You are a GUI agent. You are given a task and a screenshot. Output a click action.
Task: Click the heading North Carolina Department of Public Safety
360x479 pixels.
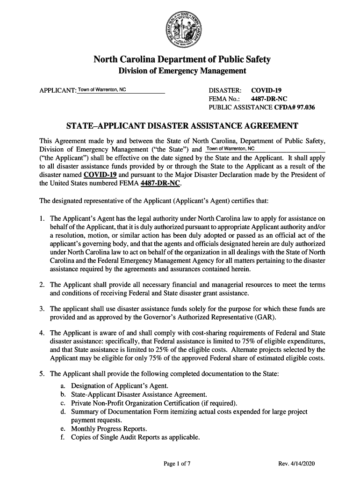(182, 60)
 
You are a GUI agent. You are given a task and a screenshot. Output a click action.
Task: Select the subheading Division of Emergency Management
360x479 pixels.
(182, 71)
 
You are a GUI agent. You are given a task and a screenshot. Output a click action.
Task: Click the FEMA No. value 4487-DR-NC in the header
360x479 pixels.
(269, 99)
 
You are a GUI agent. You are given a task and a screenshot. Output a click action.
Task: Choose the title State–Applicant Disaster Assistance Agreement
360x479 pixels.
(182, 126)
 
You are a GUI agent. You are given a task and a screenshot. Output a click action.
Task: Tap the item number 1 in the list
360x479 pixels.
(42, 218)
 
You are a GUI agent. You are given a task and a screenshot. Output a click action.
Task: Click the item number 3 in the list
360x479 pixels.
(42, 309)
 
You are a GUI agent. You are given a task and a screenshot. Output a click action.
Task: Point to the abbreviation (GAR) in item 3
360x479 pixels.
(265, 318)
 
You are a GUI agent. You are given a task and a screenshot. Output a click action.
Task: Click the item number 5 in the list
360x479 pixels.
(42, 374)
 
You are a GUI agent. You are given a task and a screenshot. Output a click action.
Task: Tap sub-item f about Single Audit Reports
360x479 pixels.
(135, 438)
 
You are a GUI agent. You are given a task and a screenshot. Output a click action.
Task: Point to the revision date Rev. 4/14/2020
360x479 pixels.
(297, 464)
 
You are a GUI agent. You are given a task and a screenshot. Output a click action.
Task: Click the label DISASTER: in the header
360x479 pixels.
(225, 90)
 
